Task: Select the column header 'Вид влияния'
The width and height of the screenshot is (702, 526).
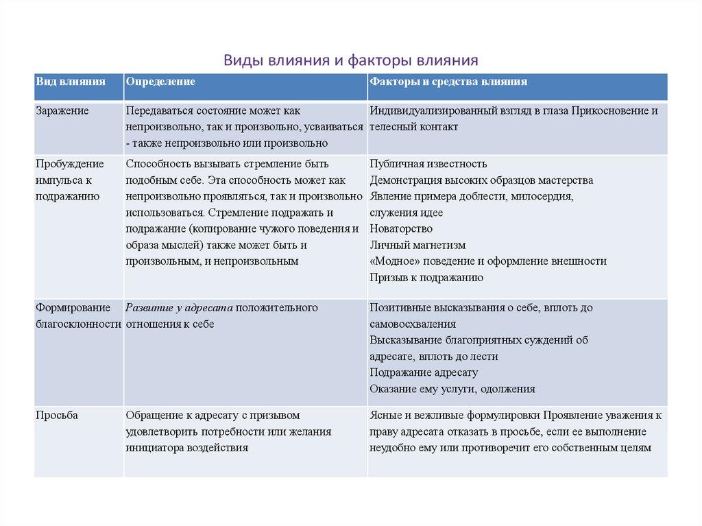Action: pos(71,82)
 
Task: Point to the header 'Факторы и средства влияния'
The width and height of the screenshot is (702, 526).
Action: pos(448,82)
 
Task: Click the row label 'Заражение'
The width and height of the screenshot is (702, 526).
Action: pos(62,110)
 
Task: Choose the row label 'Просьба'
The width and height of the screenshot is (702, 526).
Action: pos(57,416)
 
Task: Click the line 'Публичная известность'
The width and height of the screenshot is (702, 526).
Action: pos(428,164)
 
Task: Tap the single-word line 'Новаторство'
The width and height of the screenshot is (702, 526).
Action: pos(401,228)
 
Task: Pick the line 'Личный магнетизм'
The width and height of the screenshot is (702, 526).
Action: pos(417,245)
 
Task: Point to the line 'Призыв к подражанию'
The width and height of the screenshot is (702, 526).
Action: pos(426,278)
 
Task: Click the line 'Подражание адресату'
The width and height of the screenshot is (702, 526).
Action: pos(424,372)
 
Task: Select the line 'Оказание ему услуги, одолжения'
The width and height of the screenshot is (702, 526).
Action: pos(452,389)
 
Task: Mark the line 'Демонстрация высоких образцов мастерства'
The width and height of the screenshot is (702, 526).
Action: pos(481,180)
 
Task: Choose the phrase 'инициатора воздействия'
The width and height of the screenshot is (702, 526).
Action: pos(186,448)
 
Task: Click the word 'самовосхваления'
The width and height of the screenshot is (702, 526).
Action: pos(413,324)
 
